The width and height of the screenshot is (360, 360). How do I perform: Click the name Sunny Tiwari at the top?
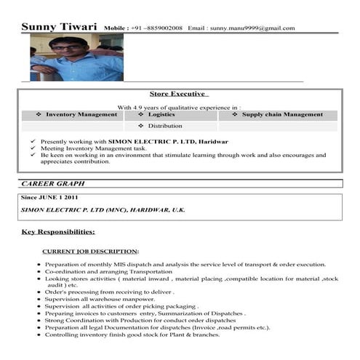pos(60,27)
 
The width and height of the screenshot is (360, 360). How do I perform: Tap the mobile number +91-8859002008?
pos(156,28)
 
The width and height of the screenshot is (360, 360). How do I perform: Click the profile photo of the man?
pos(76,57)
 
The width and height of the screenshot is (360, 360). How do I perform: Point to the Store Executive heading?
pos(179,94)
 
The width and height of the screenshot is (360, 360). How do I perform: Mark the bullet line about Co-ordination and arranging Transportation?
pos(109,271)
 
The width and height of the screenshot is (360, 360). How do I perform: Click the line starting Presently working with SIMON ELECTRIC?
pos(134,141)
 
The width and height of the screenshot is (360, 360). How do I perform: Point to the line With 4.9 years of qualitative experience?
pos(179,106)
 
